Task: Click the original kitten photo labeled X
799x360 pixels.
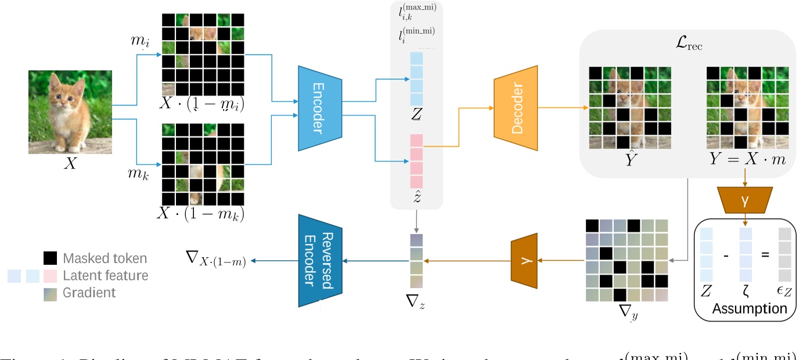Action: (69, 112)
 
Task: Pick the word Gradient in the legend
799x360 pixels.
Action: (89, 293)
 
